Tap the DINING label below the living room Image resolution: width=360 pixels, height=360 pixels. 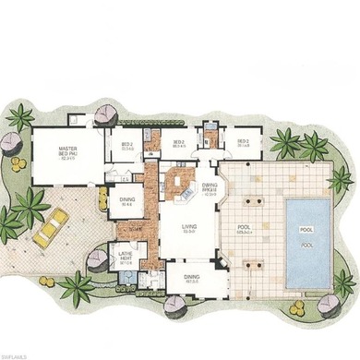click(x=191, y=275)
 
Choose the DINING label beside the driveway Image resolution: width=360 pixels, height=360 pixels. click(x=127, y=204)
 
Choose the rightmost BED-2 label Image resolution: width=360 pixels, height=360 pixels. click(x=244, y=144)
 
